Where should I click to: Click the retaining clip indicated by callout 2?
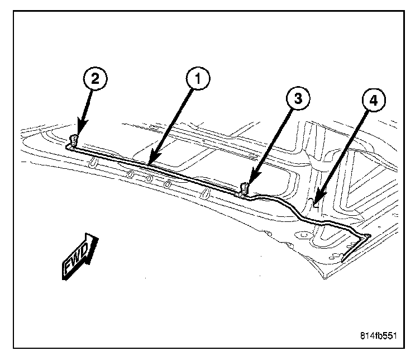tap(73, 140)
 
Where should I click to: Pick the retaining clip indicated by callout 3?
tap(243, 189)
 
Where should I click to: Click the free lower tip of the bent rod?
tap(343, 260)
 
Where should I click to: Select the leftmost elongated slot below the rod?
tap(93, 163)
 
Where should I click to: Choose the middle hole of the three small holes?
tap(149, 179)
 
